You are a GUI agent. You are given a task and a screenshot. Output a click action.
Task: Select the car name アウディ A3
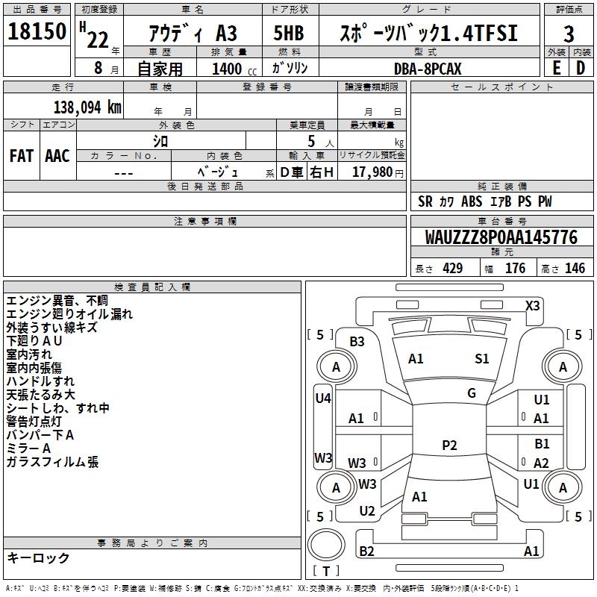click(193, 34)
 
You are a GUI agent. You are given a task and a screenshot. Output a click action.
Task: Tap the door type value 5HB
click(289, 34)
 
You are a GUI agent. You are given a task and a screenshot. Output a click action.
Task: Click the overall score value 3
click(569, 34)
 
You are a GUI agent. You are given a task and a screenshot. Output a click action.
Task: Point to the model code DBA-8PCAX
click(428, 68)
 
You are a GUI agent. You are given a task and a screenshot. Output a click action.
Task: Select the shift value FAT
click(21, 155)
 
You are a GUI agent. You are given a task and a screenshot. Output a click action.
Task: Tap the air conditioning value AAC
click(57, 155)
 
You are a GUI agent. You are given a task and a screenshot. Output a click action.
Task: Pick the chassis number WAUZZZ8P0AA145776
click(501, 237)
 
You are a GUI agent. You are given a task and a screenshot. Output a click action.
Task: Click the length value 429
click(452, 269)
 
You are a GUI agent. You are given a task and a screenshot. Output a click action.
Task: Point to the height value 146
click(575, 269)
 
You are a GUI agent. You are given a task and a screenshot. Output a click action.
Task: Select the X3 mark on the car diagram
click(533, 305)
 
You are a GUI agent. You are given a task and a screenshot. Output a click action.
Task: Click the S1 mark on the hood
click(482, 359)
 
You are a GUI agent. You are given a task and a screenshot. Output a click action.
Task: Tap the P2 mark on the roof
click(448, 446)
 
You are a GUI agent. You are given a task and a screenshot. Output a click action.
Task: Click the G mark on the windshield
click(472, 393)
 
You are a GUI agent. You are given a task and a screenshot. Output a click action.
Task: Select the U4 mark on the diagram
click(322, 398)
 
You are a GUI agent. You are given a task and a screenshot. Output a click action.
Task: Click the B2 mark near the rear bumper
click(366, 551)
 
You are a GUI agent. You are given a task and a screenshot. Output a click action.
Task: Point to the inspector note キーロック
click(38, 557)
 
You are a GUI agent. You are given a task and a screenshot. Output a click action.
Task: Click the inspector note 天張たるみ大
click(41, 394)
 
